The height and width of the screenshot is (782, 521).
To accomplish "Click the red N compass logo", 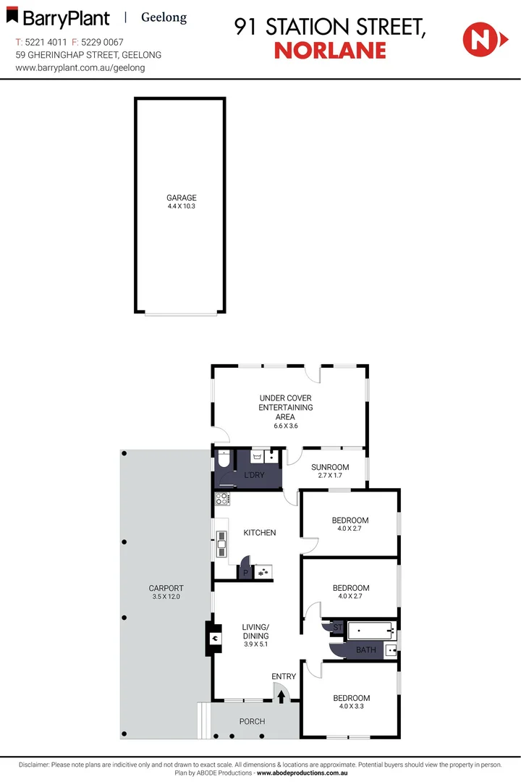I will pos(478,39).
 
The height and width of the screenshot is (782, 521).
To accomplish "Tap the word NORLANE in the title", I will pos(330,50).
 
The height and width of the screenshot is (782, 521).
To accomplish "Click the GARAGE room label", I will pos(182,198).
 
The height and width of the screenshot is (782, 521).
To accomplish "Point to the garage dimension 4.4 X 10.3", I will pos(182,206).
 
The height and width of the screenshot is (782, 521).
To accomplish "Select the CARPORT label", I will pos(166,588).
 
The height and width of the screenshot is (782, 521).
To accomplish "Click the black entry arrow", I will pos(281,697).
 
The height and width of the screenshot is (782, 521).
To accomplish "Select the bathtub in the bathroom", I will pos(370,630).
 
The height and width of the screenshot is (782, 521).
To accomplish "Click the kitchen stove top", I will pos(222,498).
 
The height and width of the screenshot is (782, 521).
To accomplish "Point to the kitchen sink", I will pos(221,543).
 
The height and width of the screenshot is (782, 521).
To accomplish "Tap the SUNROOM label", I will pos(330,467).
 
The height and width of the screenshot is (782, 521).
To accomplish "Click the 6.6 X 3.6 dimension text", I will pos(286,426).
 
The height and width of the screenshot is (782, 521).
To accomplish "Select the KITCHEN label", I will pos(259,533).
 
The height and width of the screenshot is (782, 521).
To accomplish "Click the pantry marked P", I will pos(245,573).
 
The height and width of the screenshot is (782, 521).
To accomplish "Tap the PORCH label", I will pos(252,721).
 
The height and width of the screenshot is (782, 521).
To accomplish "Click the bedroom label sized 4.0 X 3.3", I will pos(351,698).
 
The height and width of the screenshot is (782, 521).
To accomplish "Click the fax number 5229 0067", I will pos(101,43).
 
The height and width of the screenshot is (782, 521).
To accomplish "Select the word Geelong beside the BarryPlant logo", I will pos(164,17).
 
